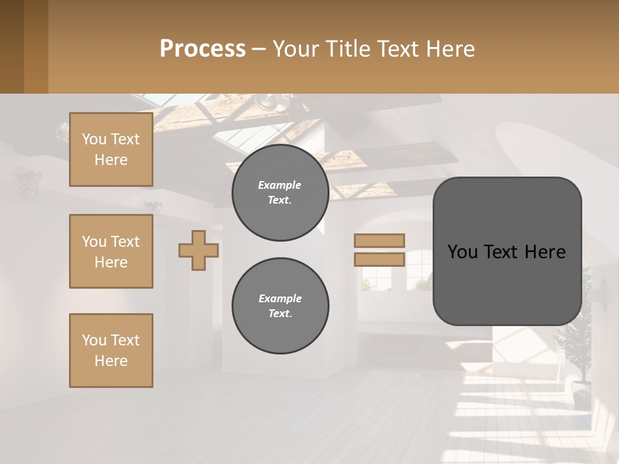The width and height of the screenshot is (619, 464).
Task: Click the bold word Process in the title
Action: coord(202,49)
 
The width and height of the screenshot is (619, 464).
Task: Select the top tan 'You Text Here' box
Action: coord(111,150)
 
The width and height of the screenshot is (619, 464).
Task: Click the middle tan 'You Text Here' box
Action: coord(111,251)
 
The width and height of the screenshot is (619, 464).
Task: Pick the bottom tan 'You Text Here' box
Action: coord(111,351)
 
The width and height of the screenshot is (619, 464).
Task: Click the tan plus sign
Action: coord(199,250)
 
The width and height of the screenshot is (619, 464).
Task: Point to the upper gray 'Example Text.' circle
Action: coord(280,193)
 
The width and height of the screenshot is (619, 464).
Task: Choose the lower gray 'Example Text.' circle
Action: coord(280,306)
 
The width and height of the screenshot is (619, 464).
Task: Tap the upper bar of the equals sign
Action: coord(379,241)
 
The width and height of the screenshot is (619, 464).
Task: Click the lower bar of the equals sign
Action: coord(379,260)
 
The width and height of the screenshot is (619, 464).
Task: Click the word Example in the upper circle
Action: coord(280,186)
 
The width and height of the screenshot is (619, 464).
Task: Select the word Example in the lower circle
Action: coord(280,299)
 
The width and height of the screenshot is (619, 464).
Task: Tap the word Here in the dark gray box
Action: coord(545,252)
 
